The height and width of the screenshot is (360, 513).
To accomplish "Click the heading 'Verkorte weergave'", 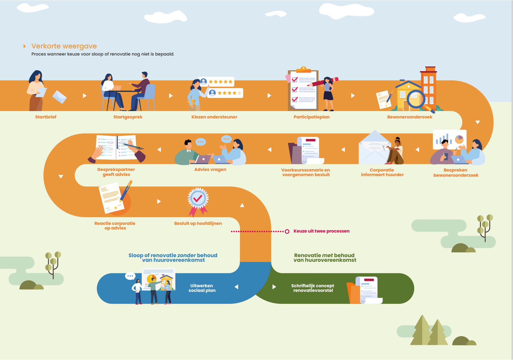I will click(64, 46).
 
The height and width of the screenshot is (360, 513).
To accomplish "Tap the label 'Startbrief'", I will click(46, 117).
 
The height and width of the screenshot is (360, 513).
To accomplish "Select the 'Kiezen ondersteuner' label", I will click(214, 117).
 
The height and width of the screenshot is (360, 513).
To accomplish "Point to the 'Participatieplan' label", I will click(311, 117).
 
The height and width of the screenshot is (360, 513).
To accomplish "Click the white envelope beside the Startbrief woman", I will click(59, 97).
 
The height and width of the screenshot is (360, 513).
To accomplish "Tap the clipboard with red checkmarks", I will click(303, 90).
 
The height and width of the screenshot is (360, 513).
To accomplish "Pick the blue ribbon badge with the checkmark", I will click(198, 199).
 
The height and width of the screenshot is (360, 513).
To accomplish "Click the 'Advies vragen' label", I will click(210, 170).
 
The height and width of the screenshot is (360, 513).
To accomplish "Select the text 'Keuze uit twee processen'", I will click(321, 231).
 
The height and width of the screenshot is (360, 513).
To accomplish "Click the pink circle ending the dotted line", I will click(287, 232).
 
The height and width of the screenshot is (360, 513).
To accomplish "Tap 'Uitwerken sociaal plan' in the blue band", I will click(202, 288).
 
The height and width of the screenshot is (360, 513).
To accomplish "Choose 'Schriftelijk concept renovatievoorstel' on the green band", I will click(313, 288).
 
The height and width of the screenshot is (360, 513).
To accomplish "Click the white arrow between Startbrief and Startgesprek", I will click(84, 96).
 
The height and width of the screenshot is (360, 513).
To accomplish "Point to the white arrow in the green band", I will click(274, 287).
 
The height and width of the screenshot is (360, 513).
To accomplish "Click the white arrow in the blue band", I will click(236, 287).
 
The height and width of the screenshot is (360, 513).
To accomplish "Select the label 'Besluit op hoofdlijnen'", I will click(198, 224).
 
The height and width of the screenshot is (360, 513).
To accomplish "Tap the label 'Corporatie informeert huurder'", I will click(382, 172).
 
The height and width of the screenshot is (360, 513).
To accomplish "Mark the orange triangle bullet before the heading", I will click(25, 46).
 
